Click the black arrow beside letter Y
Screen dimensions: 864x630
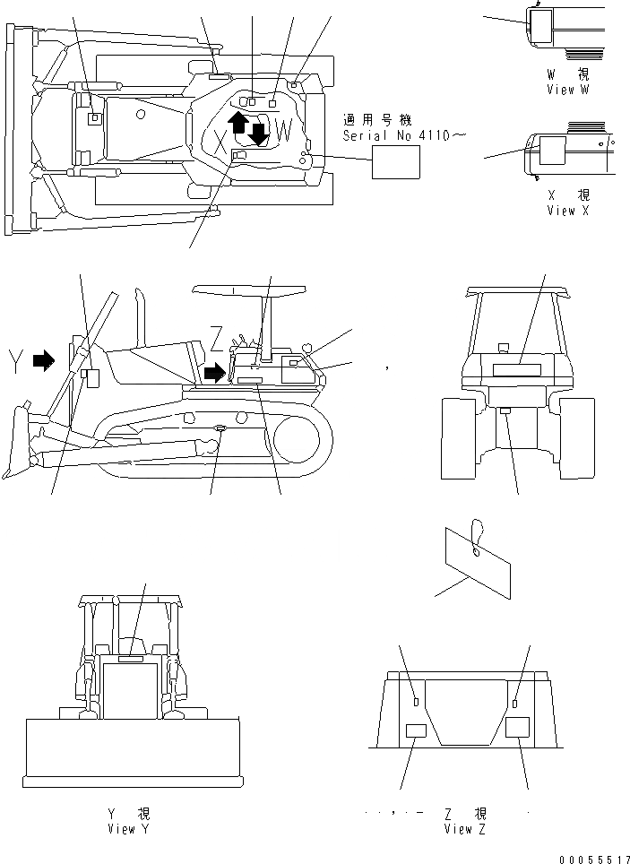[x=43, y=360]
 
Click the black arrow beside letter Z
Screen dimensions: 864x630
[x=215, y=371]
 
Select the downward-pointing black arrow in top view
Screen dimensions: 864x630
[x=259, y=134]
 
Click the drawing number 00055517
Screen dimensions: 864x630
[x=592, y=858]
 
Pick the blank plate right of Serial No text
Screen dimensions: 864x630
[x=396, y=164]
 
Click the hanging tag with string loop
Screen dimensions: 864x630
[x=478, y=557]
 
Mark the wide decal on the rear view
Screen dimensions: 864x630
[x=518, y=369]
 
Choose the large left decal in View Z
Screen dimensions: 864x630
[x=418, y=730]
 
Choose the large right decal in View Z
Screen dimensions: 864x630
[x=518, y=727]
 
